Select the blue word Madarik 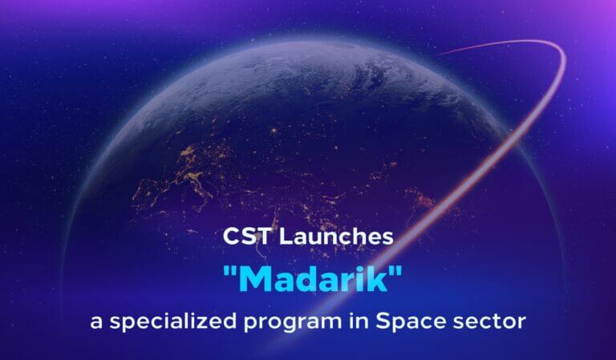308,280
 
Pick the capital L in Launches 284,237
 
